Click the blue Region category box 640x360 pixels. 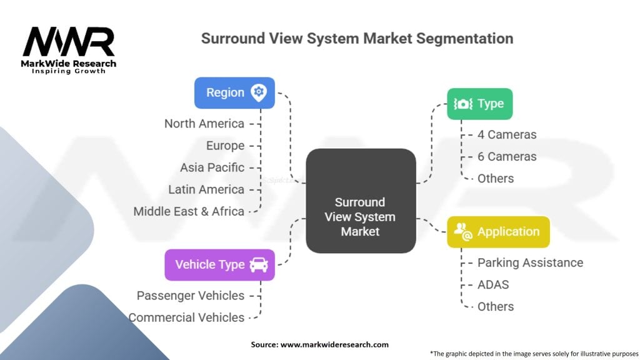[234, 93]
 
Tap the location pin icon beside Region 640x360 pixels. [258, 92]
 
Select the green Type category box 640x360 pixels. [479, 104]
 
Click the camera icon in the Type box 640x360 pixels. [463, 104]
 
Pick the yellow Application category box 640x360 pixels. [498, 232]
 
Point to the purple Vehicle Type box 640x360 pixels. [219, 265]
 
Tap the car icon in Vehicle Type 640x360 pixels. [259, 265]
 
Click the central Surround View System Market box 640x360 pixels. [361, 201]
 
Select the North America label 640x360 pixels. [204, 124]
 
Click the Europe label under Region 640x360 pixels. [225, 146]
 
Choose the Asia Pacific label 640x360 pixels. [212, 167]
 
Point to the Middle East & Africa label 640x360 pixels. [189, 211]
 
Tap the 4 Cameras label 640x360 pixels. [507, 135]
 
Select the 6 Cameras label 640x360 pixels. [507, 157]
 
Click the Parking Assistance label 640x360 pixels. [530, 263]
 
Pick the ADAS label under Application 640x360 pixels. [493, 284]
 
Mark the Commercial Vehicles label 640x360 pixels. [186, 317]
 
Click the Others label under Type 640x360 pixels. [496, 179]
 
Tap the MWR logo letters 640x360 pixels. [69, 42]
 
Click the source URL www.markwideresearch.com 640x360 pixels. [335, 344]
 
